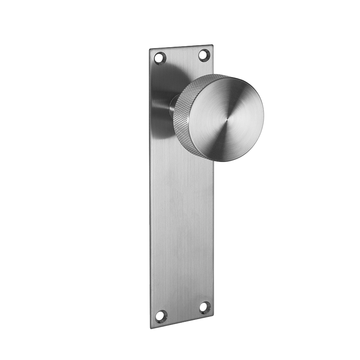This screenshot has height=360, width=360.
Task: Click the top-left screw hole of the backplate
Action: [160, 58]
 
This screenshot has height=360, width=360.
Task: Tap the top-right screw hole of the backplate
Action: [204, 55]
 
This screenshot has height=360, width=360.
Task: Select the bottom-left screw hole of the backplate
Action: [161, 316]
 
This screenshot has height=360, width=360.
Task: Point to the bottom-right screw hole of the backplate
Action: [204, 307]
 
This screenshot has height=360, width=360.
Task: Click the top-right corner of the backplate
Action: [212, 45]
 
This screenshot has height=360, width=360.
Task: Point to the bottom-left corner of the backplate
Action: [152, 328]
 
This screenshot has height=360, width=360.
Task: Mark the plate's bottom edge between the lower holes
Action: [182, 321]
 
